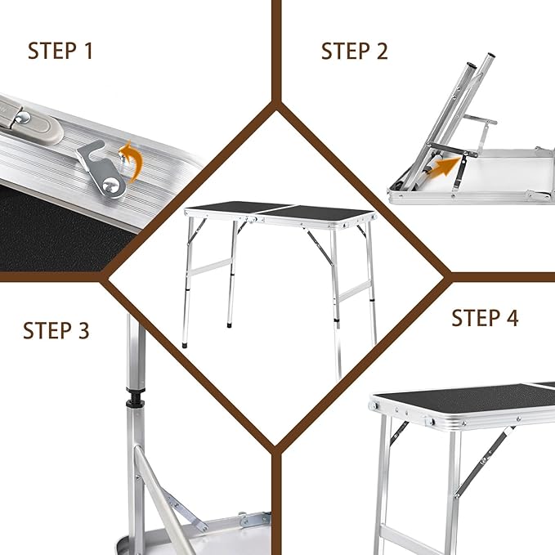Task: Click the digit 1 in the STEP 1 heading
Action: click(x=88, y=51)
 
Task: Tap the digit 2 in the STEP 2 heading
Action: click(x=382, y=51)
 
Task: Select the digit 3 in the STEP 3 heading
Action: click(x=83, y=330)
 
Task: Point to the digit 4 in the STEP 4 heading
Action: click(x=512, y=317)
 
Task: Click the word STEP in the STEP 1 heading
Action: click(x=52, y=51)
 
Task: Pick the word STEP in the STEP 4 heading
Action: click(x=475, y=317)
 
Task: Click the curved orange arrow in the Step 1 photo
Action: click(x=132, y=160)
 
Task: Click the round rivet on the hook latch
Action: click(x=111, y=186)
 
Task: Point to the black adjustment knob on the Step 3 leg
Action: click(x=136, y=397)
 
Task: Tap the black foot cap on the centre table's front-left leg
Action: click(x=185, y=344)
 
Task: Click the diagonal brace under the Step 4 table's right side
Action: click(x=484, y=461)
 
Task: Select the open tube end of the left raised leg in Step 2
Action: click(x=471, y=66)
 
